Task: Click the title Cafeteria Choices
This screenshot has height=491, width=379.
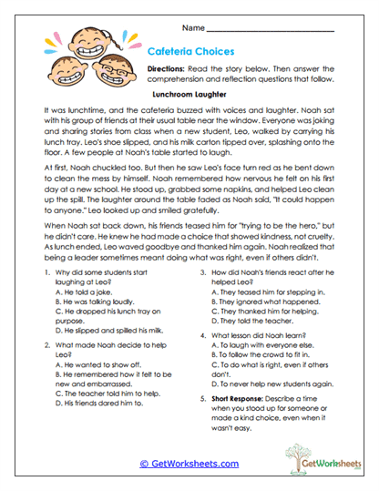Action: point(198,53)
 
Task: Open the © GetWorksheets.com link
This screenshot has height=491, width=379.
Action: point(189,463)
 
